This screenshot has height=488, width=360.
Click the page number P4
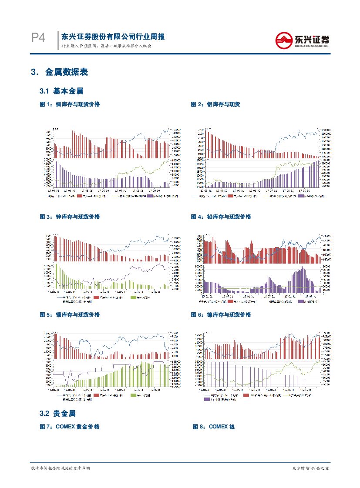(38, 38)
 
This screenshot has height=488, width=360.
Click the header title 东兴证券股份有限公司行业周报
(113, 37)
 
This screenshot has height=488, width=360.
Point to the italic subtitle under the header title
(106, 46)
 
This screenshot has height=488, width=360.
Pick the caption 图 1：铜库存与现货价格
(70, 104)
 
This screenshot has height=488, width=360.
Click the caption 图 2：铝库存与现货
(215, 104)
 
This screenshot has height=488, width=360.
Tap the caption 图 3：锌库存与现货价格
(70, 217)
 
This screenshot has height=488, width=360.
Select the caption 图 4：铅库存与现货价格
(221, 217)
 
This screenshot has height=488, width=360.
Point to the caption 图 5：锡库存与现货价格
(70, 314)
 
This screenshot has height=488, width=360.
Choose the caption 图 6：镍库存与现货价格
(221, 314)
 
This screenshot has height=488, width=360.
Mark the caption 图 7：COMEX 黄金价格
(70, 427)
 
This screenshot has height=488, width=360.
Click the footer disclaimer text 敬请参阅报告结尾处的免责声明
(61, 468)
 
